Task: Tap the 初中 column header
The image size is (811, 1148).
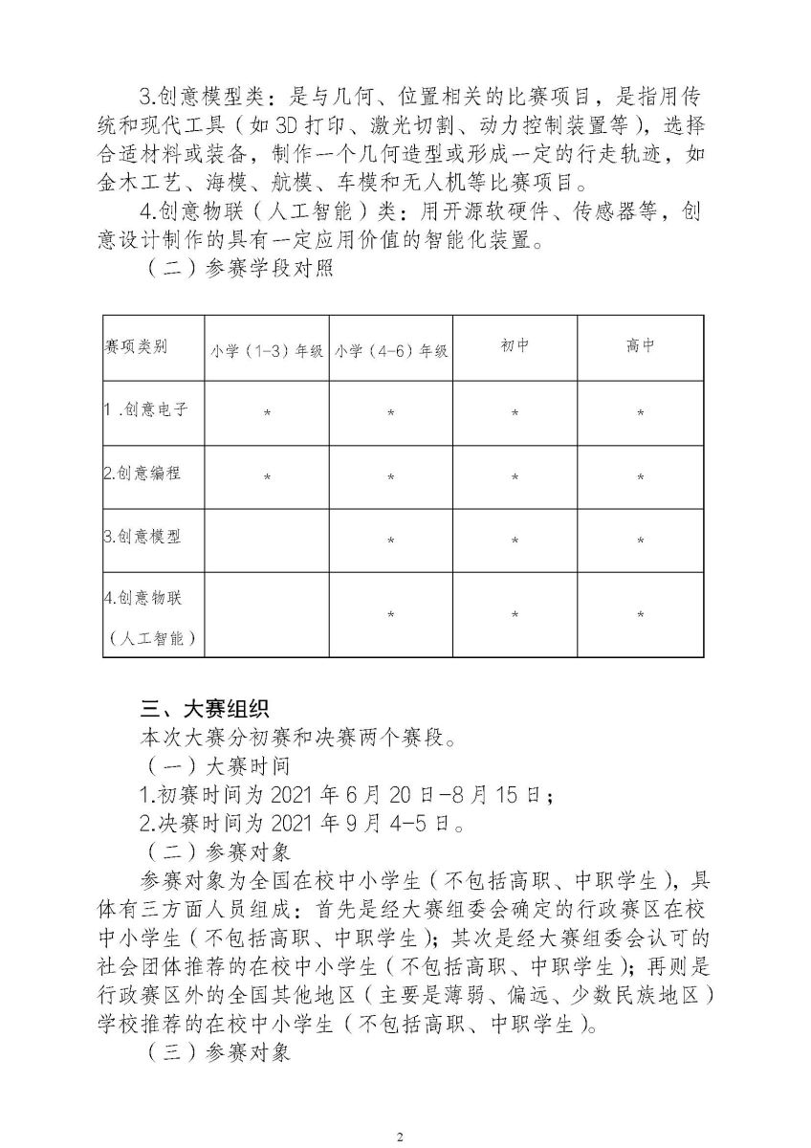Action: (515, 345)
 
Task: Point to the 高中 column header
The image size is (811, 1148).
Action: (640, 345)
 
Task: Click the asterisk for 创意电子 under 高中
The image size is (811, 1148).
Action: (640, 413)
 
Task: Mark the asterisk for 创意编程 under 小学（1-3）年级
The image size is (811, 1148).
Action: (267, 476)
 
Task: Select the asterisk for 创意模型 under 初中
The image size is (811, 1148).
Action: (515, 541)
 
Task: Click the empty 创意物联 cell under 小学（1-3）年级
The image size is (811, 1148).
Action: (267, 615)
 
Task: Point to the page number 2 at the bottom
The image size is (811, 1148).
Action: (401, 1110)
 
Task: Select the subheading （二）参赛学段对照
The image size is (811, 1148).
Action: (238, 269)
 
